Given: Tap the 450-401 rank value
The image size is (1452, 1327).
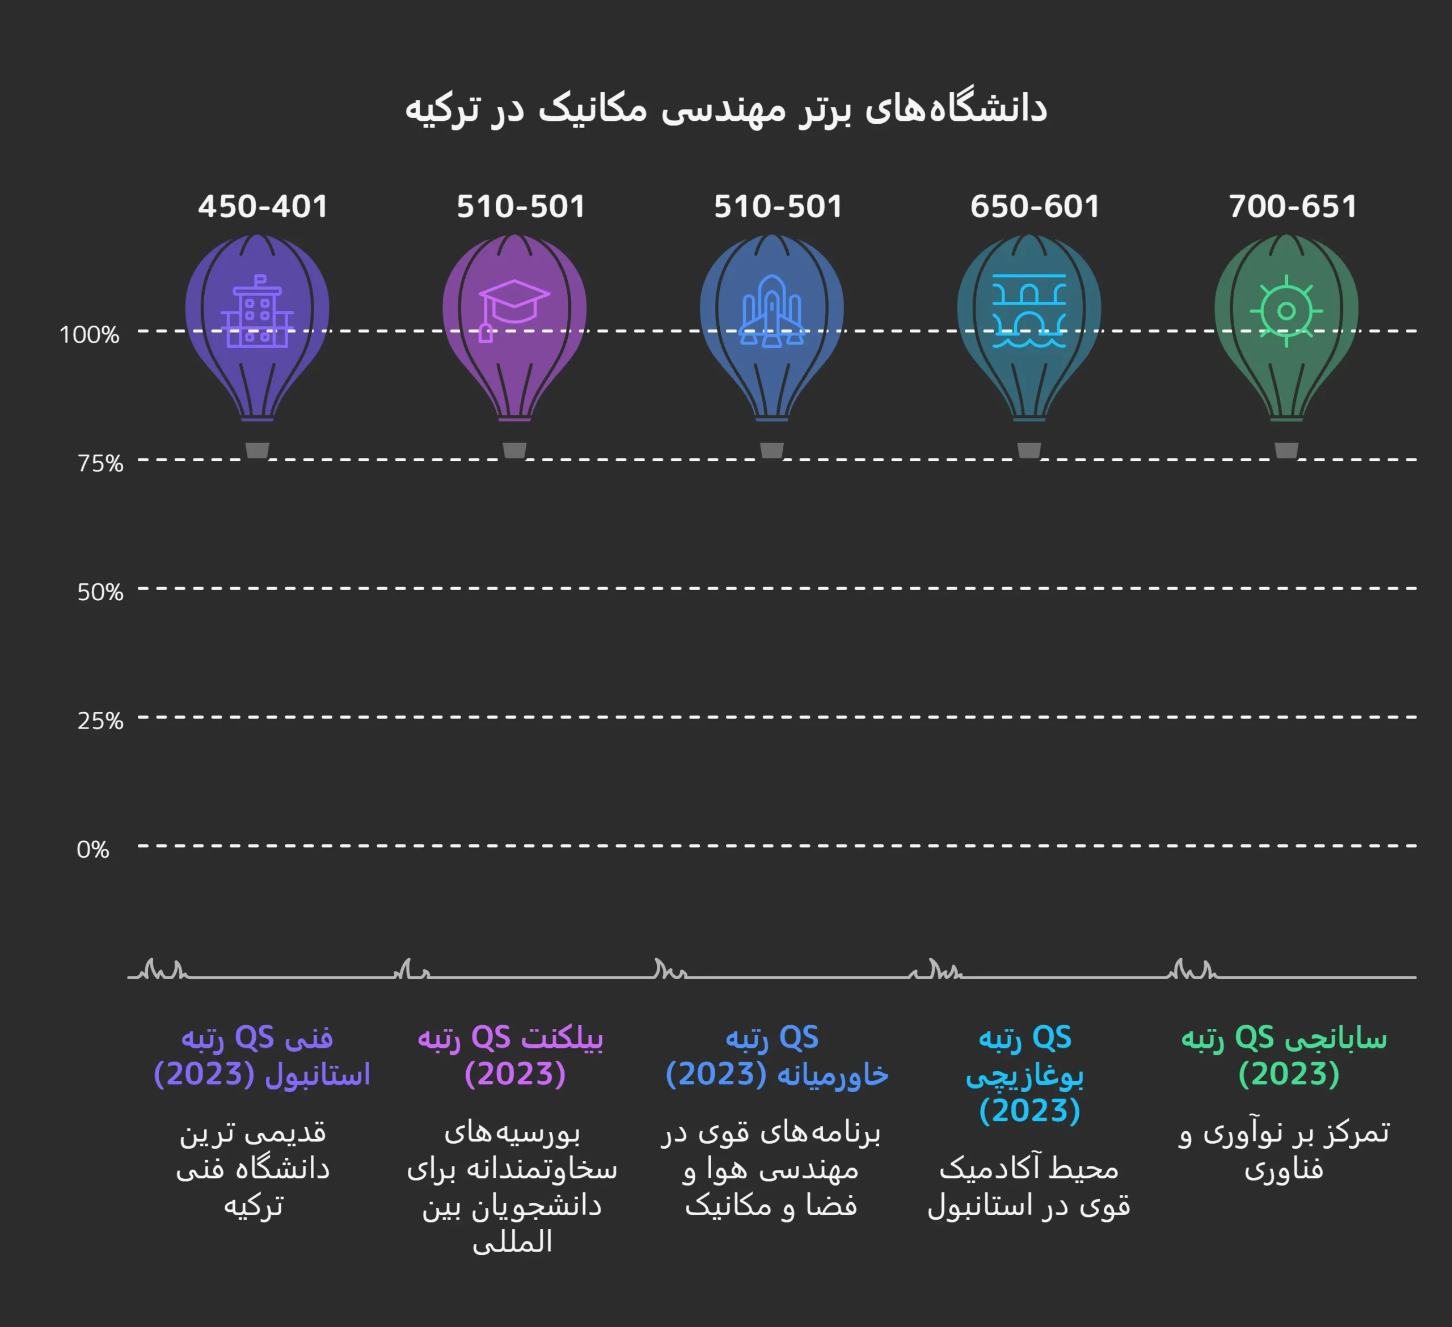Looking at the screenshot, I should pos(263,207).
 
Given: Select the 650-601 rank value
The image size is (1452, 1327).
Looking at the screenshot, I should pos(1034,207).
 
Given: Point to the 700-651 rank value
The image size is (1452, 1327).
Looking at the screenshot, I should pos(1292,207).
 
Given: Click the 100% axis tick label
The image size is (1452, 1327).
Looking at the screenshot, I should pos(89,335).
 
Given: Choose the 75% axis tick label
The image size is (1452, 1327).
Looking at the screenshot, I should pos(100,463).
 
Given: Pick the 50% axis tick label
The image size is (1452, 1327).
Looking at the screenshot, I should pos(100,592).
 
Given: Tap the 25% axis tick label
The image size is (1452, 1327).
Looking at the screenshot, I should pos(100,721).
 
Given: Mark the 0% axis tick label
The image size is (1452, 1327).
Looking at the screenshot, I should pos(93,849).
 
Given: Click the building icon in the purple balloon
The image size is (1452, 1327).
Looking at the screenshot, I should pos(257,311).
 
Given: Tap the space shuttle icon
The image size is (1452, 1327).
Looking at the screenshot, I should pos(771,311).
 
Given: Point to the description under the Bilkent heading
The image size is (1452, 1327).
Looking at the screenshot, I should pos(512,1187).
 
